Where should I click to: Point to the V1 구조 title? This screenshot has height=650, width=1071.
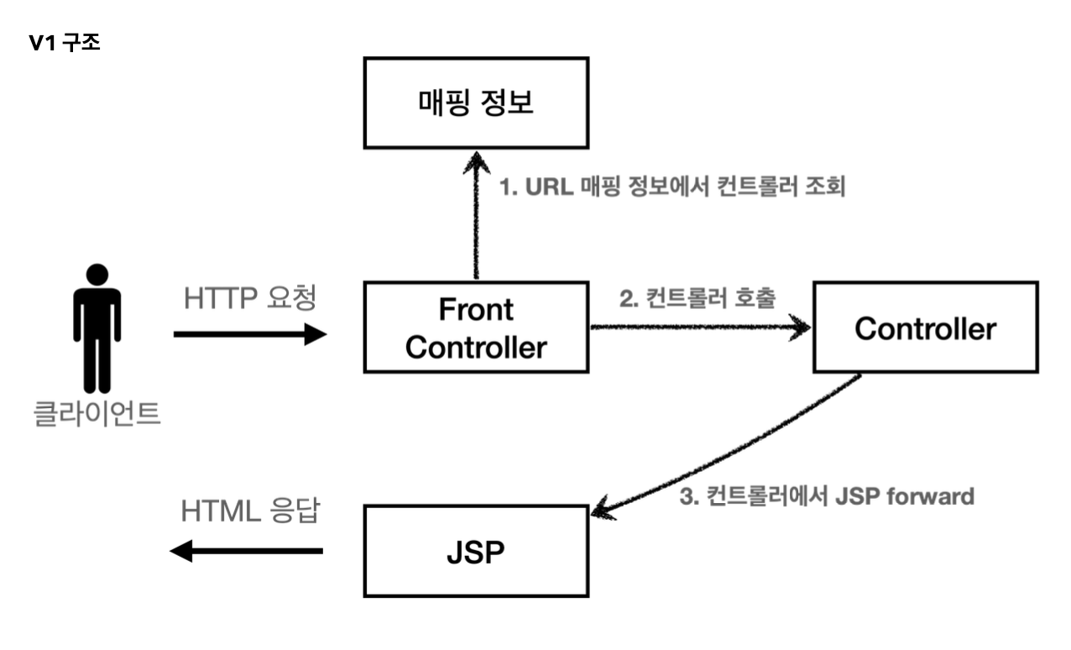[65, 43]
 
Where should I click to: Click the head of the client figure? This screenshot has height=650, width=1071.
[97, 275]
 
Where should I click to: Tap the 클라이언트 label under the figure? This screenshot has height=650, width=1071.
[97, 413]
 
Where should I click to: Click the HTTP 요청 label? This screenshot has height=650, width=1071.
[250, 297]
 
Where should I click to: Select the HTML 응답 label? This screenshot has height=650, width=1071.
[250, 511]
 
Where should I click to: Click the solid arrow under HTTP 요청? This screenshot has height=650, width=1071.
[250, 334]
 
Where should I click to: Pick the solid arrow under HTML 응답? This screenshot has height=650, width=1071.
[246, 551]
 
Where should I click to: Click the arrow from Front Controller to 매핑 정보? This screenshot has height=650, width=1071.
[476, 215]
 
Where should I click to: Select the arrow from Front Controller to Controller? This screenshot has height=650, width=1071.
[701, 328]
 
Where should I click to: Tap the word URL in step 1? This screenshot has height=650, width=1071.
[550, 186]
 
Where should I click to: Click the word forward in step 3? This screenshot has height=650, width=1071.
[931, 496]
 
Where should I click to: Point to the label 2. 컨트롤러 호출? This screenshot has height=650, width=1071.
[697, 297]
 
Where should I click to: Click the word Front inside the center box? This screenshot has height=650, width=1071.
[476, 309]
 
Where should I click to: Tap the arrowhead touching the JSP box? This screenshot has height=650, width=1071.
[603, 509]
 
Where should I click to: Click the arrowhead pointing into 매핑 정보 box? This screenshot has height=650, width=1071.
[476, 162]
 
